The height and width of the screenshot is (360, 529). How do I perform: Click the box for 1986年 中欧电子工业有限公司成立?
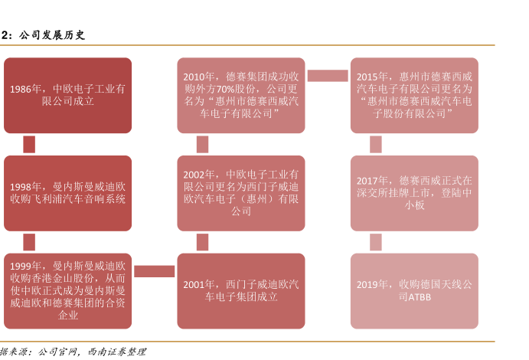67,96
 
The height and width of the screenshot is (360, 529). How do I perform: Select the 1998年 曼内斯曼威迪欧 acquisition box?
67,193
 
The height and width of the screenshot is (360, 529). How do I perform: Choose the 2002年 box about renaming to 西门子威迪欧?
240,193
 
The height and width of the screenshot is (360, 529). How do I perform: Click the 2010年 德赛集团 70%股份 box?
240,96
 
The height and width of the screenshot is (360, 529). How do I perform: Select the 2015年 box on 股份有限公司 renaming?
414,96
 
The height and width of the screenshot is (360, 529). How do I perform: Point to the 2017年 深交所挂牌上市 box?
414,193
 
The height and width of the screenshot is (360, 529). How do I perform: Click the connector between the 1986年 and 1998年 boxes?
29,144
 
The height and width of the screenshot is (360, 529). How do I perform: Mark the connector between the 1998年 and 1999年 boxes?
29,242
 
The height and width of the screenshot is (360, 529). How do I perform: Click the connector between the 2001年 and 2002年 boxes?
202,242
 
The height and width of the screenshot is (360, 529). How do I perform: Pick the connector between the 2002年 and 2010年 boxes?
202,144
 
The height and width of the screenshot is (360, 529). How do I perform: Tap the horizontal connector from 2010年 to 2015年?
328,75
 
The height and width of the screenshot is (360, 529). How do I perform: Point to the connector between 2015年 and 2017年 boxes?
376,144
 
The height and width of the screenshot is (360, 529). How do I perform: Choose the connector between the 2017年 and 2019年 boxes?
376,242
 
